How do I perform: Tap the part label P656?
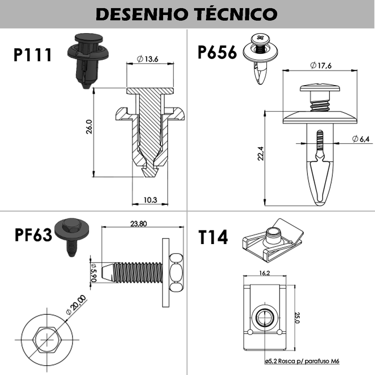click(217, 52)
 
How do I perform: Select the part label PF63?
click(33, 235)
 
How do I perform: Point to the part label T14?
click(213, 237)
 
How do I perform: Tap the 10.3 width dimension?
click(150, 200)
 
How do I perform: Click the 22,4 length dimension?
click(261, 153)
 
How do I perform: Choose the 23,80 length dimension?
click(138, 223)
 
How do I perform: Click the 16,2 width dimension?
click(264, 273)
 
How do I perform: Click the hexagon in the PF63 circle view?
click(46, 339)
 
